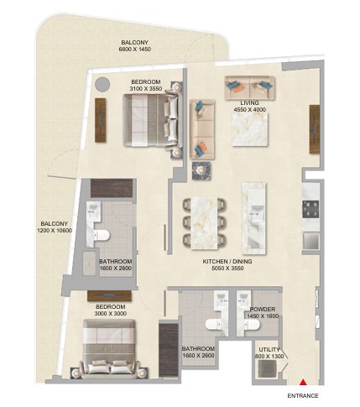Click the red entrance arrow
pyautogui.click(x=302, y=382)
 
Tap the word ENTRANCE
pyautogui.click(x=303, y=396)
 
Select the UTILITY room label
pyautogui.click(x=269, y=350)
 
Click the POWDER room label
pyautogui.click(x=263, y=310)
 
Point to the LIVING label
pyautogui.click(x=249, y=103)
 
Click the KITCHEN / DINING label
pyautogui.click(x=227, y=262)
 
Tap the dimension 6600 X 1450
pyautogui.click(x=135, y=50)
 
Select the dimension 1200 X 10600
pyautogui.click(x=55, y=231)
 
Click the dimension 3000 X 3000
pyautogui.click(x=110, y=314)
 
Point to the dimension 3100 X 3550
pyautogui.click(x=146, y=89)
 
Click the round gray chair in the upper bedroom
pyautogui.click(x=102, y=84)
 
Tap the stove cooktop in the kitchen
pyautogui.click(x=310, y=209)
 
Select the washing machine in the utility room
pyautogui.click(x=267, y=368)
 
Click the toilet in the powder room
pyautogui.click(x=252, y=325)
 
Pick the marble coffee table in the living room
pyautogui.click(x=250, y=129)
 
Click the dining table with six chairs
pyautogui.click(x=205, y=223)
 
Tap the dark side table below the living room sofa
pyautogui.click(x=201, y=170)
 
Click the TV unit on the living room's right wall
pyautogui.click(x=315, y=129)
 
